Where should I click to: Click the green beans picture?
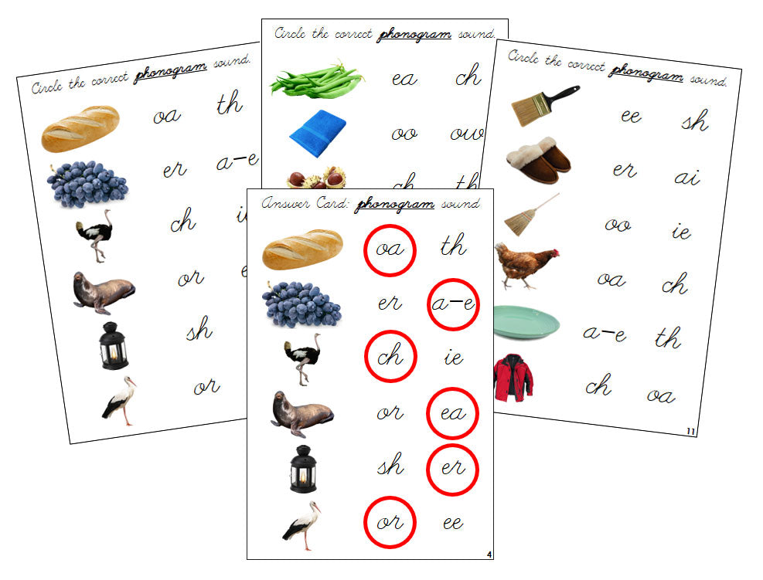click(316, 80)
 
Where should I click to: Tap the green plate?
click(526, 322)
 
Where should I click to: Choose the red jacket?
click(513, 378)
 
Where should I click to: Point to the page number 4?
click(489, 554)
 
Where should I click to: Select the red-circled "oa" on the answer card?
click(390, 249)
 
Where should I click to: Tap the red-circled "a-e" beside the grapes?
click(452, 304)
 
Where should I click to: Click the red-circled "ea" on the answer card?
click(452, 413)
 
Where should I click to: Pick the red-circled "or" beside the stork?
click(390, 522)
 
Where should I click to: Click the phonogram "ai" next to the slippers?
click(686, 177)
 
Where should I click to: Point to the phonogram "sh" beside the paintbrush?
click(695, 121)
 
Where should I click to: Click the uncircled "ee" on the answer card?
click(452, 523)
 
